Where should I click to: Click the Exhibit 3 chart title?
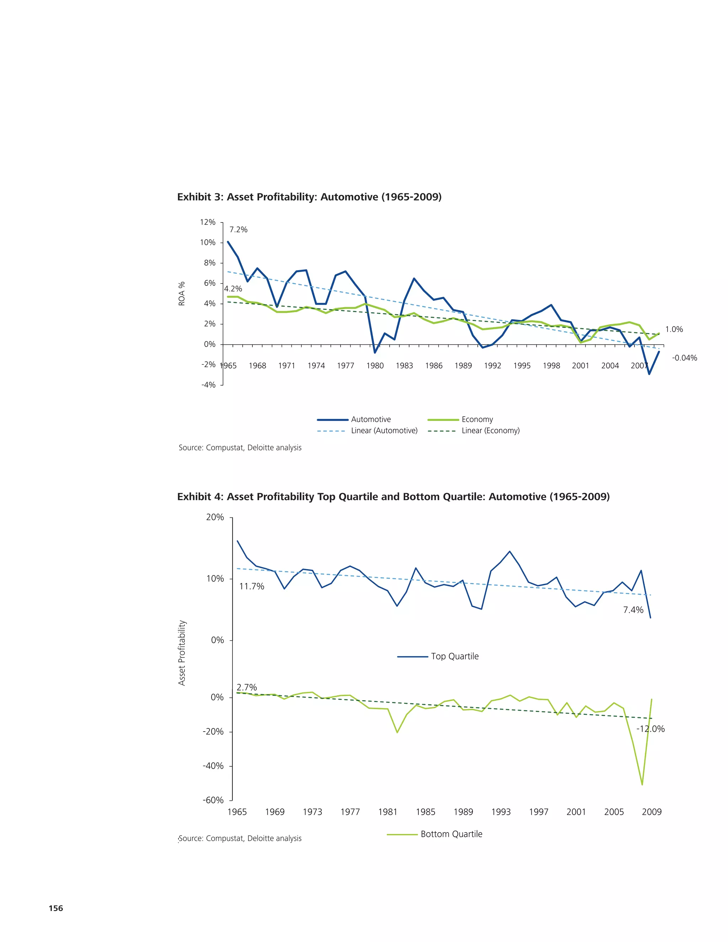309,197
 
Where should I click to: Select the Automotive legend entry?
370,419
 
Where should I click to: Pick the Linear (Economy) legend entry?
490,430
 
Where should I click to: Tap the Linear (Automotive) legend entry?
384,430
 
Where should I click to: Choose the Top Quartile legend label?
455,656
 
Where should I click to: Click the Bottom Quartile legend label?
451,834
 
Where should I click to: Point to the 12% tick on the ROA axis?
208,222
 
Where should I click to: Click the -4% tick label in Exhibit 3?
208,385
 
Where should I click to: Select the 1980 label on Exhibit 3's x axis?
375,366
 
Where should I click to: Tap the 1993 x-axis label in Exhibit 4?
501,812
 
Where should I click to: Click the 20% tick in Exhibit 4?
215,517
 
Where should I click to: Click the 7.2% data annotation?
238,230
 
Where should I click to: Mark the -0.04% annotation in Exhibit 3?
684,358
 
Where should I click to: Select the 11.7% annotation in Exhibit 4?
251,586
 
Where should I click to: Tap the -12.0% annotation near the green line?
651,729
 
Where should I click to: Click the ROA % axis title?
182,294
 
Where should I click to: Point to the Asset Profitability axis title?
182,653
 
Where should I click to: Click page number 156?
56,908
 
